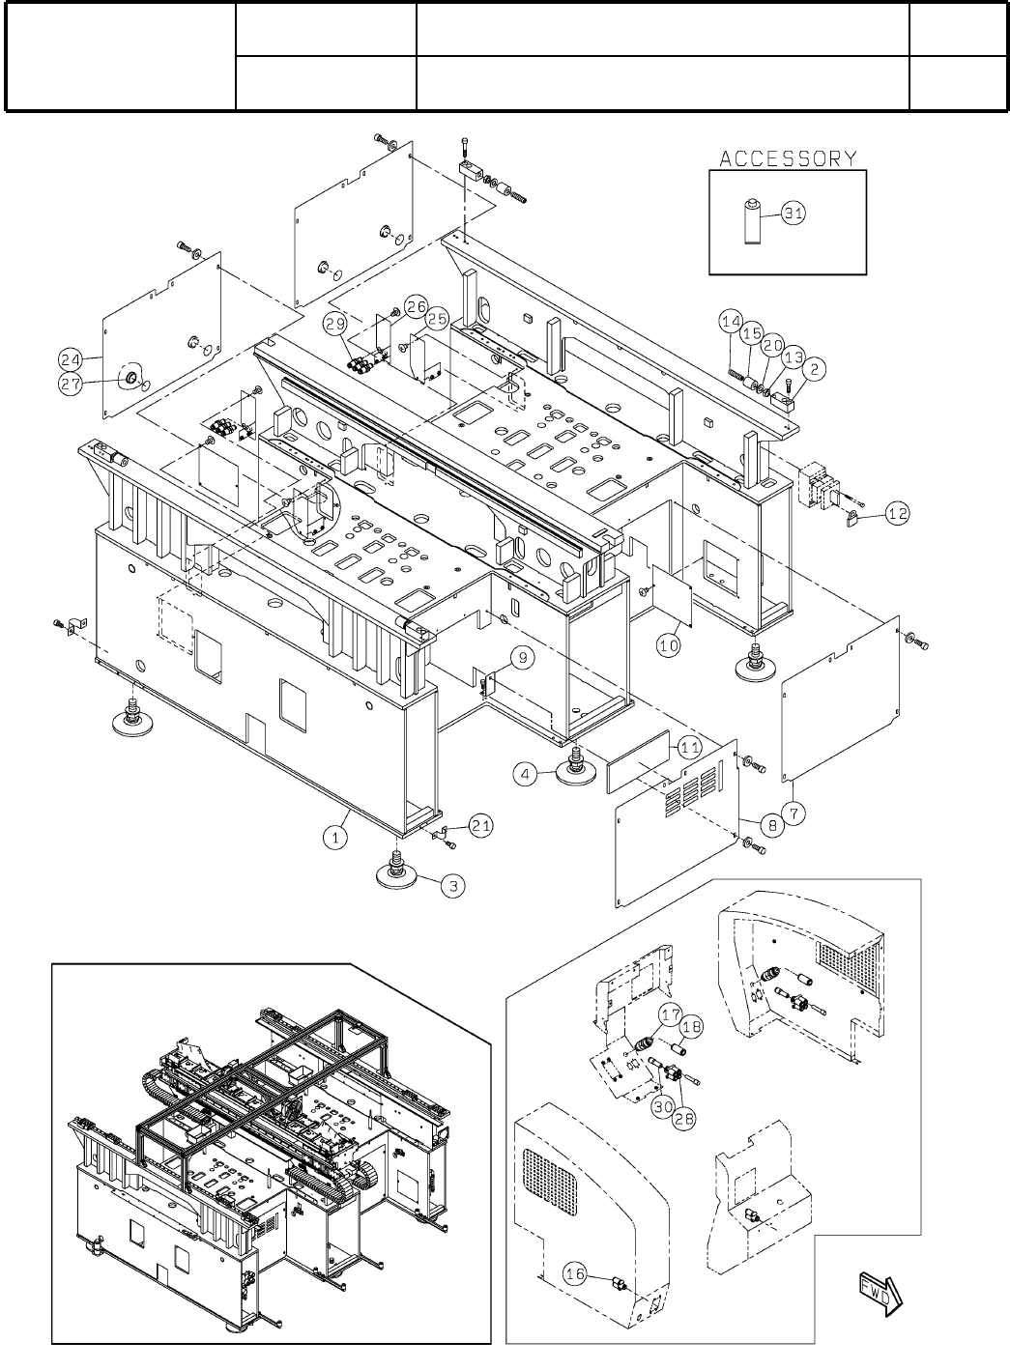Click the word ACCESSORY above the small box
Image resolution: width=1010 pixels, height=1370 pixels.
[788, 158]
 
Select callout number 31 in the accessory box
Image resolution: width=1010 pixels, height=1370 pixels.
[793, 214]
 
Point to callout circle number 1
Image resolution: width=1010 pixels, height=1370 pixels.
[335, 838]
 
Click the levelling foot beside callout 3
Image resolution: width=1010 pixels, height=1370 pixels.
[397, 872]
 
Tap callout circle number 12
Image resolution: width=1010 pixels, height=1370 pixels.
[898, 514]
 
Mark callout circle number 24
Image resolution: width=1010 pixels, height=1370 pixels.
[69, 359]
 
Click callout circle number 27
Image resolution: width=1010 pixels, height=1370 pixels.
[71, 384]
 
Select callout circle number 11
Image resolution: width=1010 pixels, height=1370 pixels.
[689, 747]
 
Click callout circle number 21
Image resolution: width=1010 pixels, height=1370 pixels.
[482, 824]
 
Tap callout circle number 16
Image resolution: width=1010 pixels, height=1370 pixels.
[575, 1274]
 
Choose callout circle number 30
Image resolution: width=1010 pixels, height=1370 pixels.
[661, 1107]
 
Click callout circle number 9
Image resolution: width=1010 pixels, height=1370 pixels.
[520, 657]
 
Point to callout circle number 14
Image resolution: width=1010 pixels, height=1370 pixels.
[731, 320]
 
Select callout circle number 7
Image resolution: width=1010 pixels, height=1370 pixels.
[793, 813]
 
